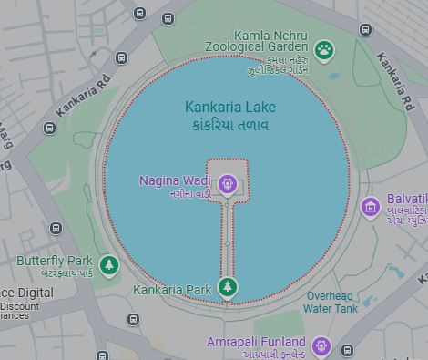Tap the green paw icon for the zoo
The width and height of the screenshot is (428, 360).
click(x=324, y=49)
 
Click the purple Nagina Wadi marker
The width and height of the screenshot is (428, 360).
click(x=228, y=185)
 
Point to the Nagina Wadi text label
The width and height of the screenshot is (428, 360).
click(x=175, y=180)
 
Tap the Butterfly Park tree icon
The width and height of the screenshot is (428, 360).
click(x=110, y=264)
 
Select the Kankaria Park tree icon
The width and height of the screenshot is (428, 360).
click(x=228, y=288)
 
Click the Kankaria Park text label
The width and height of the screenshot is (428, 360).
click(x=172, y=290)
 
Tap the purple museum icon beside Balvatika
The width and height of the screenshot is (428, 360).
click(x=370, y=209)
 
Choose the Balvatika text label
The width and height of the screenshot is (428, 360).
click(x=406, y=199)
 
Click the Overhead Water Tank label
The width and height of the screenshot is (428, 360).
click(x=331, y=303)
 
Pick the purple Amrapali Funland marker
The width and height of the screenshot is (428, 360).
click(x=320, y=345)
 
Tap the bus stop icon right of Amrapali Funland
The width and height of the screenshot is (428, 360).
click(x=347, y=350)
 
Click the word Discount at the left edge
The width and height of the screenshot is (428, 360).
click(x=20, y=306)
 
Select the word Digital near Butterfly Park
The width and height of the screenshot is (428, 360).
click(x=35, y=293)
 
